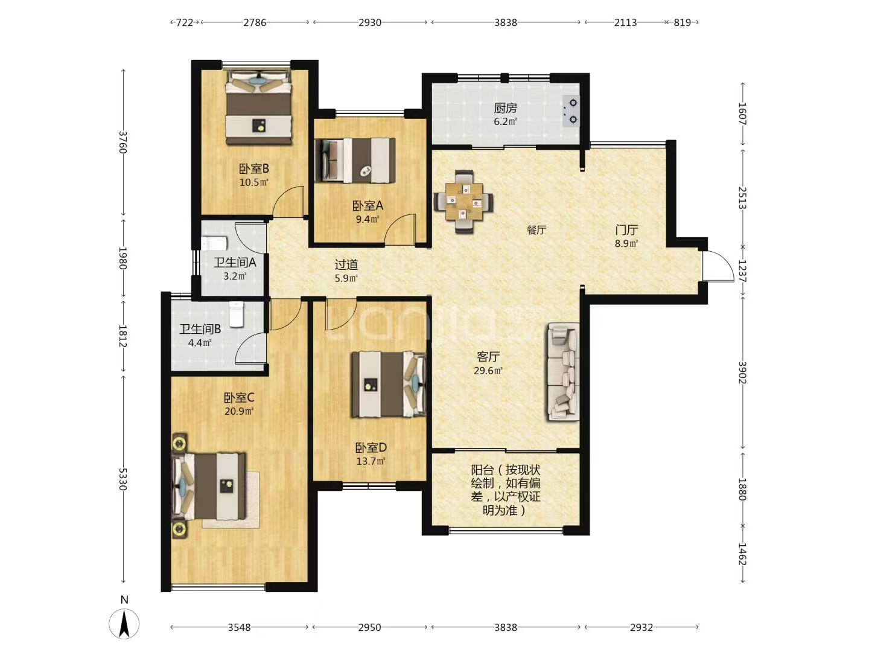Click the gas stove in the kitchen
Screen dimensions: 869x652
pos(571,111)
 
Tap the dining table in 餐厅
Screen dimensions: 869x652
pos(463,202)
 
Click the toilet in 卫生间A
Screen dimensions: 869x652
pos(214,243)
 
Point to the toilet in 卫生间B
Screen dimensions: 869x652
pos(237,315)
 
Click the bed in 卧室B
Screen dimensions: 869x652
pos(258,107)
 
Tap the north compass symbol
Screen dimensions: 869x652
pos(124,624)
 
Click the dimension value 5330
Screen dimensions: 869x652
pos(123,479)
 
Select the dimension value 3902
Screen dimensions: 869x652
pos(742,372)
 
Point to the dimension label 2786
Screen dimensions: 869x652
pos(255,22)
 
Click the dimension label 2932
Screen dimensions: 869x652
pos(641,627)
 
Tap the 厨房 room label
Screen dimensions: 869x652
pos(506,107)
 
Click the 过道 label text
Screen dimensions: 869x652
pos(346,264)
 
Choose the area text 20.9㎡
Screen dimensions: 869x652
pos(239,411)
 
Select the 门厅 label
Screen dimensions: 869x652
pos(627,230)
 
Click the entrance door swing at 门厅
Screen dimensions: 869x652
pos(718,266)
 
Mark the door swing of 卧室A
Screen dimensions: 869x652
pos(400,229)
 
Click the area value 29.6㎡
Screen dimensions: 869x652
pos(488,371)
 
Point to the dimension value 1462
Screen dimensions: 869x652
pos(742,554)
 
